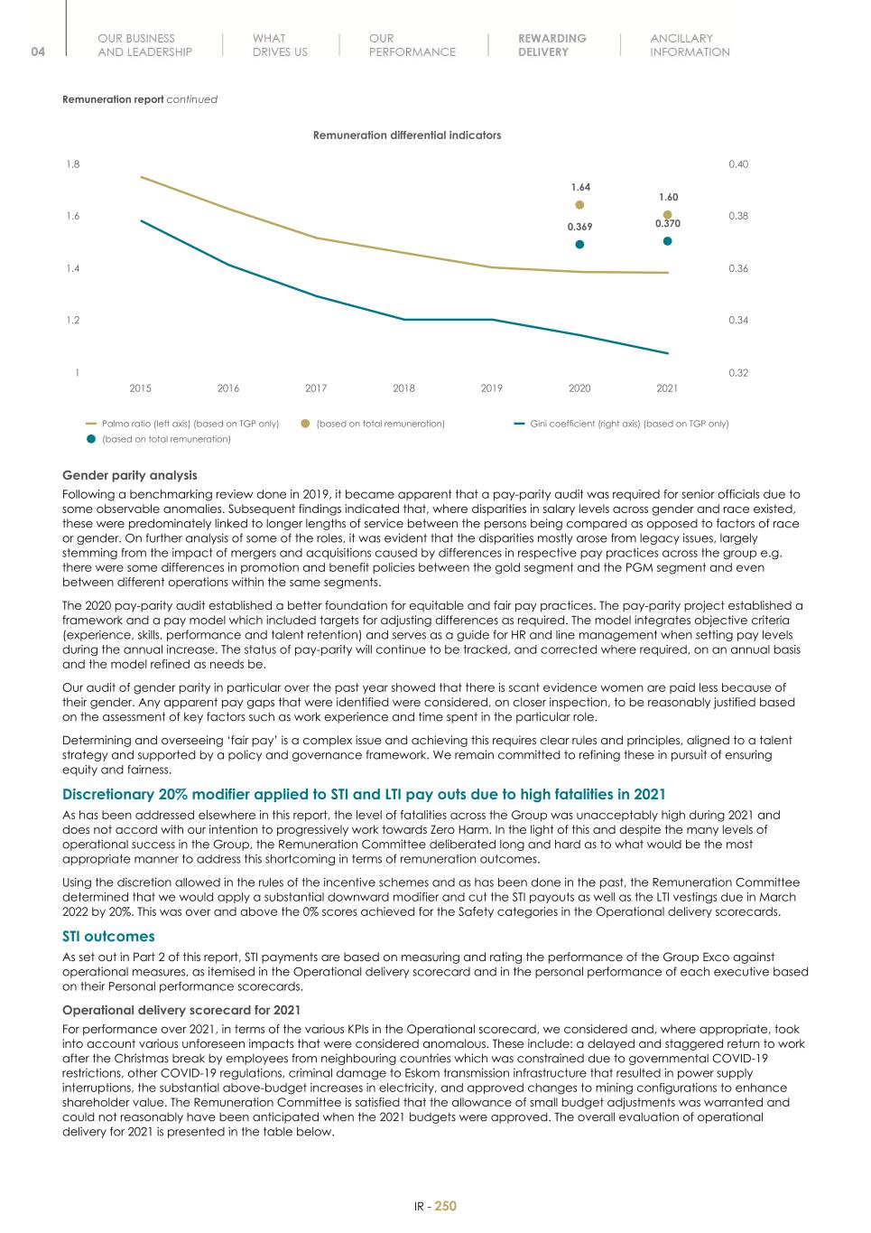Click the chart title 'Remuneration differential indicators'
tap(406, 135)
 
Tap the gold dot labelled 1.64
tap(579, 205)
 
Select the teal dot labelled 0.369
tap(579, 244)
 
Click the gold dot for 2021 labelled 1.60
tap(667, 215)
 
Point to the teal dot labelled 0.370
tap(667, 241)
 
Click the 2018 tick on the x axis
tap(403, 388)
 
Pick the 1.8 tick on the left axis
tap(72, 164)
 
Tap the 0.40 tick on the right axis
tap(738, 164)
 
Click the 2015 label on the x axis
tap(140, 388)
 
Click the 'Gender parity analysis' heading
tap(129, 475)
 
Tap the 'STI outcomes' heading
tap(108, 937)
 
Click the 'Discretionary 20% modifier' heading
tap(363, 795)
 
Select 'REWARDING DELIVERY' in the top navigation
tap(551, 45)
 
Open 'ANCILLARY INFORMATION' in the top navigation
tap(690, 45)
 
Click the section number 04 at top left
tap(38, 51)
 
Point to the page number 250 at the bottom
tap(446, 1206)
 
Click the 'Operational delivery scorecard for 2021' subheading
tap(181, 1010)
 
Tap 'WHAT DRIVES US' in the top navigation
tap(280, 45)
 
